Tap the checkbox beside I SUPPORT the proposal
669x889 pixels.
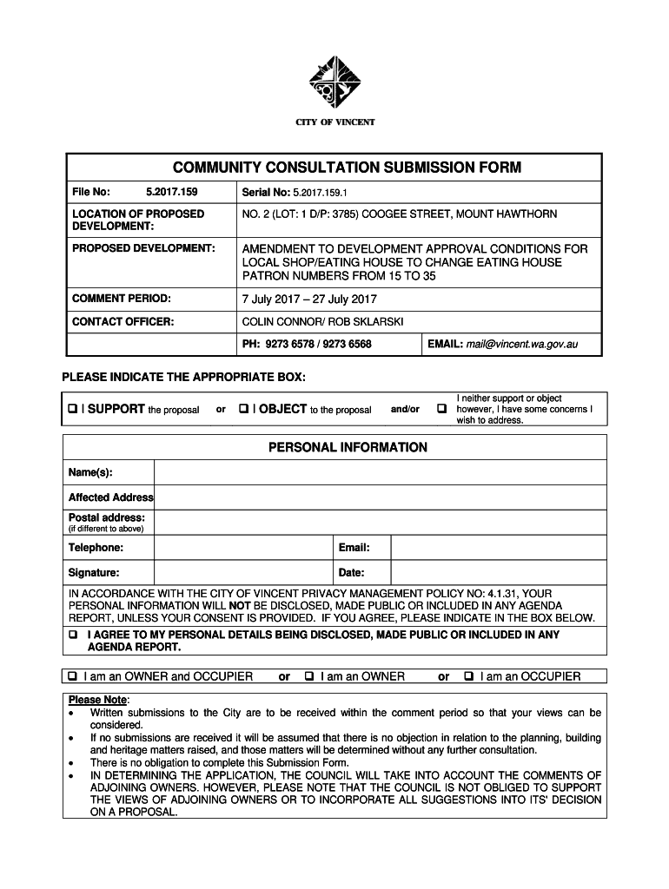click(x=72, y=409)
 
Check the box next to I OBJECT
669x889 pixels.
click(x=243, y=409)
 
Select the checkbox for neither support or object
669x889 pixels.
click(x=441, y=409)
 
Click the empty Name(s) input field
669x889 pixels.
click(x=380, y=472)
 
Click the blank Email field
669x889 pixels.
click(x=498, y=549)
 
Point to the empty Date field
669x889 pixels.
click(x=498, y=573)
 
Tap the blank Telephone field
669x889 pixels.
click(x=246, y=549)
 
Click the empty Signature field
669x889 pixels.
click(x=246, y=573)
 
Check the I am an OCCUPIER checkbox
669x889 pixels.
click(x=469, y=676)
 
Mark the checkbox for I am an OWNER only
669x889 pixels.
click(x=308, y=676)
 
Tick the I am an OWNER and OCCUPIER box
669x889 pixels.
click(x=73, y=676)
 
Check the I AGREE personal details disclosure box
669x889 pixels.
click(x=73, y=635)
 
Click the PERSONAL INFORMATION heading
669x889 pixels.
click(x=334, y=448)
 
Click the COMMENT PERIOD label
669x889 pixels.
click(x=121, y=299)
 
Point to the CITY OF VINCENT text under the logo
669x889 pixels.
click(x=334, y=122)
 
